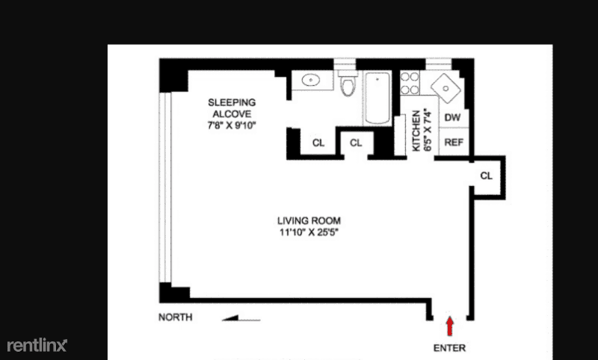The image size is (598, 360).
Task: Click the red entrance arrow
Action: [450, 326]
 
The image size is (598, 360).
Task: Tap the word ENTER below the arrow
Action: [450, 348]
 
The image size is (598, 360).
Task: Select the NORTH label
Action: [176, 317]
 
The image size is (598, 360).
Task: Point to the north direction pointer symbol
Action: [241, 318]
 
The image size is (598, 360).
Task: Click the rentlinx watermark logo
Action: [37, 345]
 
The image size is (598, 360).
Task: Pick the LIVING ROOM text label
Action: [309, 220]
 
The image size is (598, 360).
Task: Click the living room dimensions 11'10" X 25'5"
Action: [309, 232]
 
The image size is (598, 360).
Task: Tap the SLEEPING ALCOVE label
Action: [232, 108]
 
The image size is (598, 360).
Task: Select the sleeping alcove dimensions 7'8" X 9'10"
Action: [232, 125]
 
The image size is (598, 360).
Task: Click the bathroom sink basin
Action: [311, 81]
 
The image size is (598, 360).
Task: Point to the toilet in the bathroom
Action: [348, 83]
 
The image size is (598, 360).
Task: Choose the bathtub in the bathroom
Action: [377, 98]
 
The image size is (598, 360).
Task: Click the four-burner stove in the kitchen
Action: [410, 84]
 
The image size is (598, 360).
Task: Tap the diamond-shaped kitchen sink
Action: [446, 88]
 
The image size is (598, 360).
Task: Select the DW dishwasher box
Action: [453, 118]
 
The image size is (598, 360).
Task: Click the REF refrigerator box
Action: [454, 142]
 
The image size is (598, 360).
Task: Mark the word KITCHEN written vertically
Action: [416, 131]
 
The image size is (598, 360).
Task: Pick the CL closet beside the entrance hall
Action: [487, 176]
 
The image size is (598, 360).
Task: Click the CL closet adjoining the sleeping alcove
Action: [318, 143]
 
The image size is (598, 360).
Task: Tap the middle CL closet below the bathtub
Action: [356, 143]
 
